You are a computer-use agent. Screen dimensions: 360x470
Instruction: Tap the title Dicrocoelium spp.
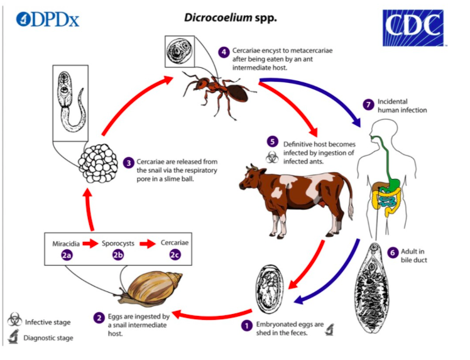pyautogui.click(x=230, y=17)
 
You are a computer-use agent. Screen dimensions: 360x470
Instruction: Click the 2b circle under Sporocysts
pyautogui.click(x=119, y=254)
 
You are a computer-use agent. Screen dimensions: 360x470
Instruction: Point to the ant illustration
pyautogui.click(x=217, y=89)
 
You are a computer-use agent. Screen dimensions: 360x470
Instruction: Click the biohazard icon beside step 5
pyautogui.click(x=271, y=157)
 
